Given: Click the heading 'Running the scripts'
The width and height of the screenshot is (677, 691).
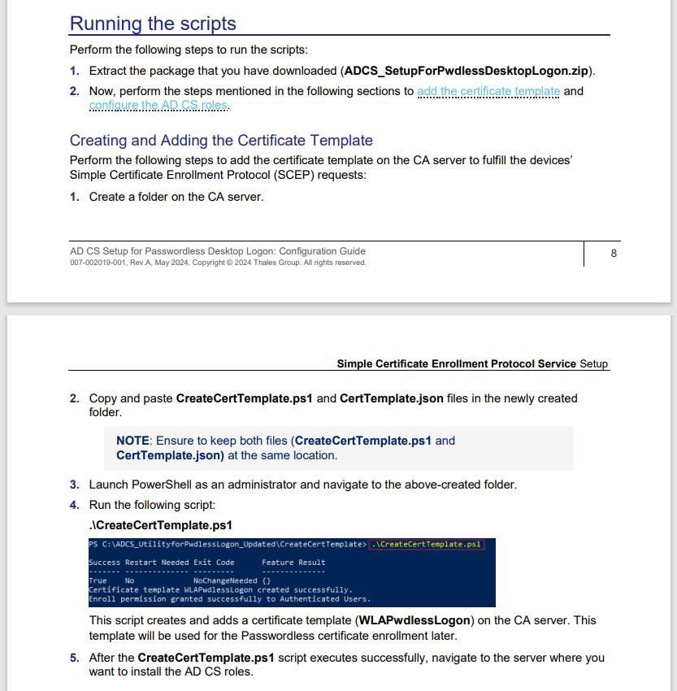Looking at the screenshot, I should tap(153, 23).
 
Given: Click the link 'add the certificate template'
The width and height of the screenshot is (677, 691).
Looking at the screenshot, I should tap(488, 91).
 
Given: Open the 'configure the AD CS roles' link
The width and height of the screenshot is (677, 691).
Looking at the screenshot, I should tap(158, 105).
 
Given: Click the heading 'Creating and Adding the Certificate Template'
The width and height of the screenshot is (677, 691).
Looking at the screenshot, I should tap(221, 140).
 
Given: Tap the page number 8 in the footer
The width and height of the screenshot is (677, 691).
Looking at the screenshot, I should tap(614, 254).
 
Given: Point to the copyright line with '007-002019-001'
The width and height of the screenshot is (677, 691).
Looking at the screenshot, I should tap(218, 263).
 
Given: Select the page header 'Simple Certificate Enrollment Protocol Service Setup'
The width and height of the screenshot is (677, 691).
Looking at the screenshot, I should tap(472, 363).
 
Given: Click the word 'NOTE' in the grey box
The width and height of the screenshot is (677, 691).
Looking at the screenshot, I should tap(132, 441).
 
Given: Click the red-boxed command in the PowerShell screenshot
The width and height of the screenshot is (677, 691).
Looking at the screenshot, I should tap(426, 544).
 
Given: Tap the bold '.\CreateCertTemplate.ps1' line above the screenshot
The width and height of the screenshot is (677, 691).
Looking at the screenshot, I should tap(161, 524).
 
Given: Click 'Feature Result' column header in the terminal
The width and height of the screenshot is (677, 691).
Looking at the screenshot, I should tap(293, 562).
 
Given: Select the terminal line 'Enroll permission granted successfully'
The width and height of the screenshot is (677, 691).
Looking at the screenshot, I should tap(229, 599).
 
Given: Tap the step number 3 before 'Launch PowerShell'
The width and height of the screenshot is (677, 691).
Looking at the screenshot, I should tap(74, 485).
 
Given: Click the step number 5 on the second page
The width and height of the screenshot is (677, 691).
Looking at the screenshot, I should tap(74, 657).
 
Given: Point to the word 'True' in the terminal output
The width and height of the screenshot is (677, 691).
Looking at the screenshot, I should tap(98, 581).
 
